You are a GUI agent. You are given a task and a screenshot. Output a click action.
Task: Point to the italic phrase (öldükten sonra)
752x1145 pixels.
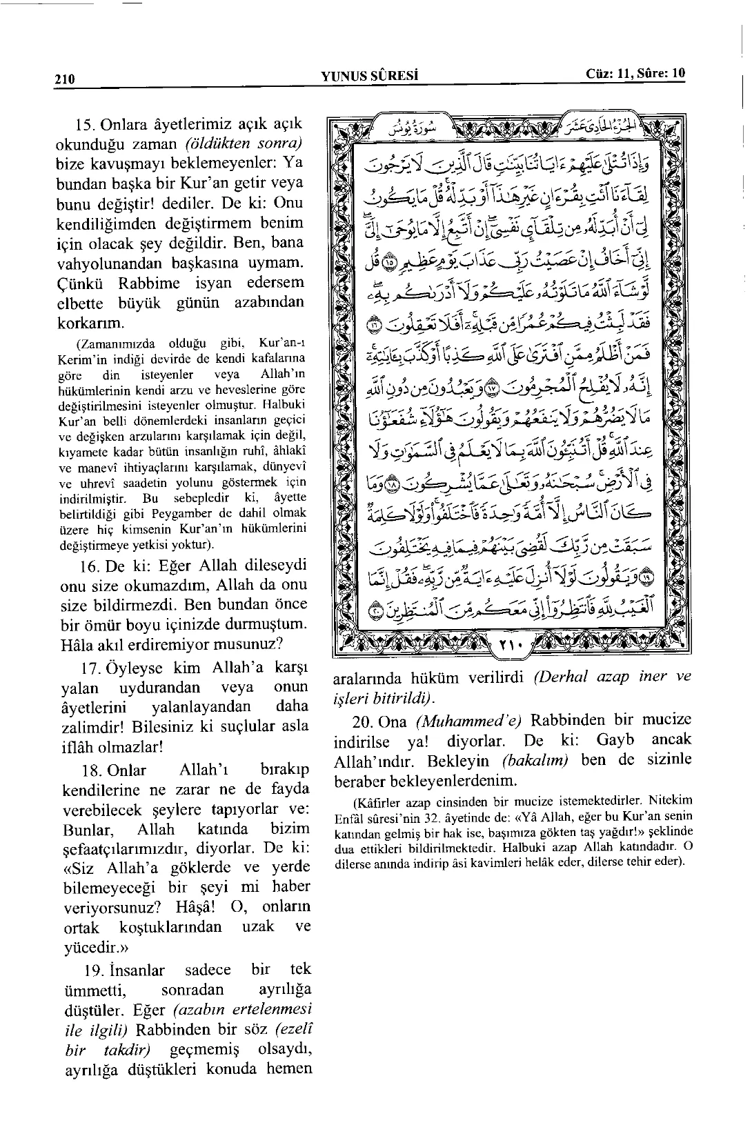[x=245, y=146]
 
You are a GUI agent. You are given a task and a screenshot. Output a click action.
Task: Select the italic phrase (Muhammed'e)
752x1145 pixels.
[x=468, y=721]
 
